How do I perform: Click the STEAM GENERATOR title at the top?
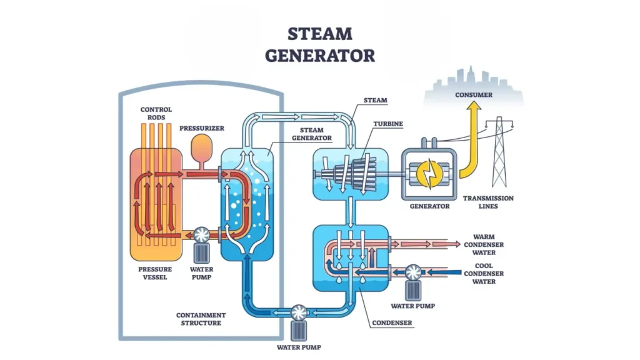pos(320,44)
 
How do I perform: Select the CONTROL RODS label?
pos(156,114)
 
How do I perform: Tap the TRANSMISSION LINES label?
pos(488,202)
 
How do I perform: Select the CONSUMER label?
pos(474,95)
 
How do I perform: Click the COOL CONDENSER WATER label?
pos(482,274)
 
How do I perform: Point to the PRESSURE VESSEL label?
pos(152,273)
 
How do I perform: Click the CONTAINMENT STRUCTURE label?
pos(201,319)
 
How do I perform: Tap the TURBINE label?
pos(388,124)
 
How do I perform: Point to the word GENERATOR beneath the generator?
pos(429,206)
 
